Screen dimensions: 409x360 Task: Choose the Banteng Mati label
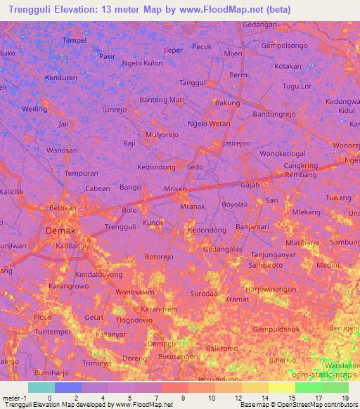162,100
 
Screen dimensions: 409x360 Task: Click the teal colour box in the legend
41,387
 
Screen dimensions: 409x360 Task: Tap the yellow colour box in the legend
281,387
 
